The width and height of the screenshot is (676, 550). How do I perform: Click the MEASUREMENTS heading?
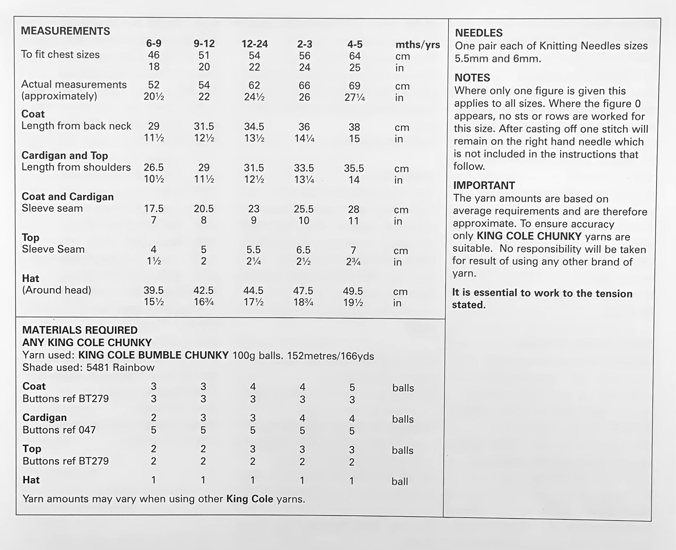click(65, 31)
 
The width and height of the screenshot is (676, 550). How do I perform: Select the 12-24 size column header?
click(255, 44)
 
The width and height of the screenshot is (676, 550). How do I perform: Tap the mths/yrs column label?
click(418, 45)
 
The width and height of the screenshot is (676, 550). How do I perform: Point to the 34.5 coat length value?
click(254, 127)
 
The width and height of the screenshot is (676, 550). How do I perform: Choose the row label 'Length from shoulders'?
click(76, 167)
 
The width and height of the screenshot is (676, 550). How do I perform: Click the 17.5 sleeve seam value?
click(154, 208)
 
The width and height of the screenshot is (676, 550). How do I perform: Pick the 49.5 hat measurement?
click(353, 291)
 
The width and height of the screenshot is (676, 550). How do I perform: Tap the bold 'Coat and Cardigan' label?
click(68, 197)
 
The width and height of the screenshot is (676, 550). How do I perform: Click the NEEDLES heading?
click(479, 33)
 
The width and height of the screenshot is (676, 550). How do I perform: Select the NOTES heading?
click(472, 77)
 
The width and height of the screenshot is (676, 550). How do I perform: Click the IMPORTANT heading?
click(484, 186)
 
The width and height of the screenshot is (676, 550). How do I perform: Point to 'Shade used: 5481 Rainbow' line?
click(88, 368)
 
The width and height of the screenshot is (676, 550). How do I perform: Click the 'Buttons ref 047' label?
click(59, 430)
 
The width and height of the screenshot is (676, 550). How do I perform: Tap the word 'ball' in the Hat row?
click(399, 482)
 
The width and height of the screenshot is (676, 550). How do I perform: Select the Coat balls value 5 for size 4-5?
click(352, 387)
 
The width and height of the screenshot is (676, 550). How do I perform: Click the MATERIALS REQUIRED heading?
click(80, 330)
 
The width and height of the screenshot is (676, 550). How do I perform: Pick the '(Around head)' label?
click(57, 290)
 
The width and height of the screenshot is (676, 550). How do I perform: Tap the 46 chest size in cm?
click(154, 55)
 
